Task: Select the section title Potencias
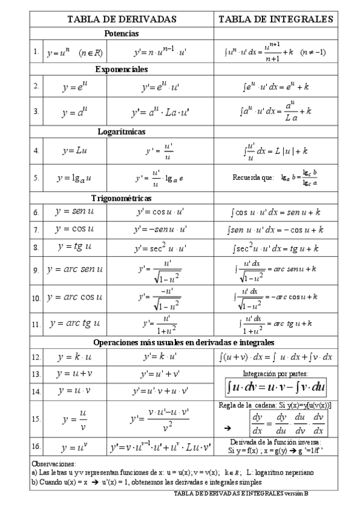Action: pos(121,34)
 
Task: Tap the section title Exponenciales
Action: pos(121,69)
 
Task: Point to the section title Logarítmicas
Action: pos(121,131)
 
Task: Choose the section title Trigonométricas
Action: pos(121,197)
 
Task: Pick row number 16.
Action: pos(36,447)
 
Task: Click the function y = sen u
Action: pos(75,212)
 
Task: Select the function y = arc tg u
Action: pos(75,324)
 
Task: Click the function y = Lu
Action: pos(75,150)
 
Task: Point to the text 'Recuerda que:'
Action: pos(253,177)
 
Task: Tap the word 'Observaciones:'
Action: pos(53,464)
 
